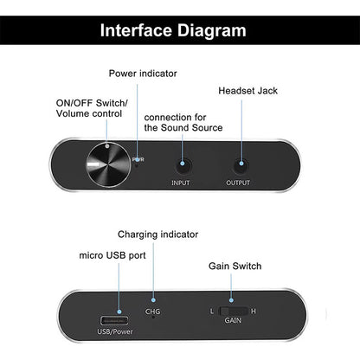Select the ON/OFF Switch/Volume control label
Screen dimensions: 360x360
[91, 109]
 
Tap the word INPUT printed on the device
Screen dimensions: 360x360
[181, 183]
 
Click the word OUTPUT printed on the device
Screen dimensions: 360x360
[239, 183]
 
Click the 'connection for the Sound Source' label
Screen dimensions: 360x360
[183, 122]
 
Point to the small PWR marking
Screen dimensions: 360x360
[138, 160]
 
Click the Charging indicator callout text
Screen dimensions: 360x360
[158, 234]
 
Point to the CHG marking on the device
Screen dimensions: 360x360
[153, 311]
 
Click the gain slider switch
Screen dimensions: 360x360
[234, 311]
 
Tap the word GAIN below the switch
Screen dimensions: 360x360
[234, 321]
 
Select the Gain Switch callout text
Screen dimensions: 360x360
[235, 266]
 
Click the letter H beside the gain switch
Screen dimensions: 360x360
[254, 311]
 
